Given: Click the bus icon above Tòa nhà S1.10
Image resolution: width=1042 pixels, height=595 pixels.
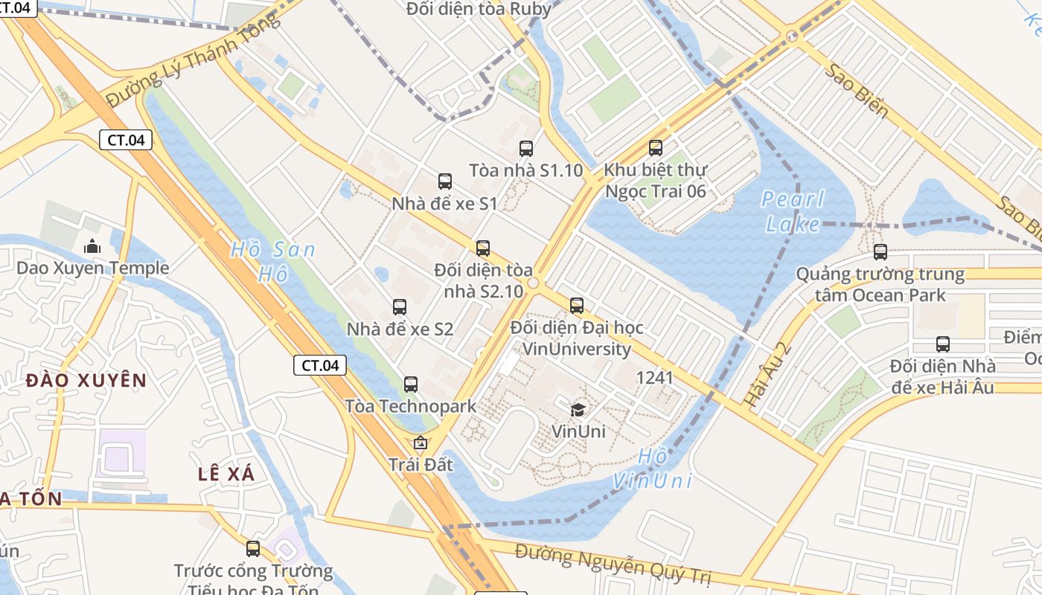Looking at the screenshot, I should point(526,148).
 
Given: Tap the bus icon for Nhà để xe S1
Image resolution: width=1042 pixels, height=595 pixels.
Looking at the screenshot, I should point(445,181).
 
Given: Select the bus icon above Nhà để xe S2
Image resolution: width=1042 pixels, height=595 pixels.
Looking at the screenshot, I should point(400,306).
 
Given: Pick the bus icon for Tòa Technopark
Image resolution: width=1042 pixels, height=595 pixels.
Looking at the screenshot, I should point(411,385).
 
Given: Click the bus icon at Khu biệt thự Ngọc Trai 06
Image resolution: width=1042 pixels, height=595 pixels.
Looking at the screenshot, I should point(656,148).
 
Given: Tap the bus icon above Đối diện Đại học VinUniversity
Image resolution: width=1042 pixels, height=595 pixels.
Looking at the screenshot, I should point(577,305).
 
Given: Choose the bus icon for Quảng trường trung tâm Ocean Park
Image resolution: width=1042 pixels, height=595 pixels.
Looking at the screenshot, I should point(880,252).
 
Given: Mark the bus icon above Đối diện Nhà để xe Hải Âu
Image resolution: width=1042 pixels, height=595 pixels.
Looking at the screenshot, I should point(943,344).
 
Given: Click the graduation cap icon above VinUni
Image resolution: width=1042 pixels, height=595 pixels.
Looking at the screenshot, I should point(578,409).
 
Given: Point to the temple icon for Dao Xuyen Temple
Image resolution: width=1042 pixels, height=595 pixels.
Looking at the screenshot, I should point(92,245).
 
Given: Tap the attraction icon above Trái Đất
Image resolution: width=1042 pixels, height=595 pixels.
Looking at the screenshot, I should point(421,443).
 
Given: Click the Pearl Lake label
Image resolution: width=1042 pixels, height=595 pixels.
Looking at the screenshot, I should point(793,211).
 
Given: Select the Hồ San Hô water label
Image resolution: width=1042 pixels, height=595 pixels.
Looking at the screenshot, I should point(273,261).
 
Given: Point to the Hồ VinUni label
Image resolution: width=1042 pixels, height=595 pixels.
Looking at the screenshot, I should point(653,469).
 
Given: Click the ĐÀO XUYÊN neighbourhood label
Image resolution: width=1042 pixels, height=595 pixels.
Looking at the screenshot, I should point(86,381).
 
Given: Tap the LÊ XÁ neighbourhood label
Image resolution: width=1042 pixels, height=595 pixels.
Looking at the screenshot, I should point(226,474).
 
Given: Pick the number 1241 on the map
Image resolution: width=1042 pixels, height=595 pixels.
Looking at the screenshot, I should point(655,378).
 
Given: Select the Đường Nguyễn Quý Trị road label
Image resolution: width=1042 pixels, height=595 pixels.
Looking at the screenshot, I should point(613,565).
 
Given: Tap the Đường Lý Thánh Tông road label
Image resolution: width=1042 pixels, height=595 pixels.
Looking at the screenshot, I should point(193,59).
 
